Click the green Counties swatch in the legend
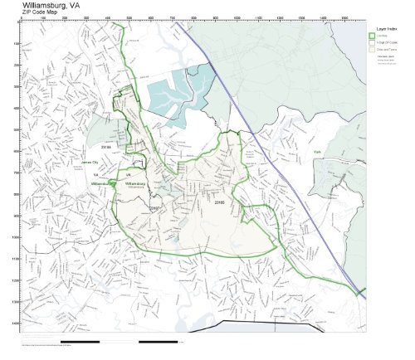coord(373,36)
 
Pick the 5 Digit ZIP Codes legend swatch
coord(373,42)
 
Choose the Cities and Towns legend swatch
coord(373,50)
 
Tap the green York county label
coord(316,153)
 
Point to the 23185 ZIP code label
coord(219,200)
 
